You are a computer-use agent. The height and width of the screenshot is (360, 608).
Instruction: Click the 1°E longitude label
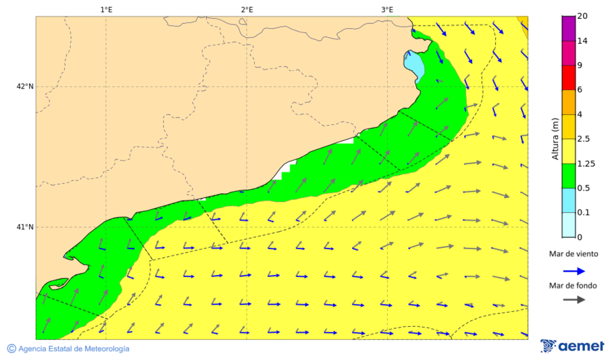tap(106, 9)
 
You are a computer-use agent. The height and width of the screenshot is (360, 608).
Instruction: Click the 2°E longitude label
tap(247, 9)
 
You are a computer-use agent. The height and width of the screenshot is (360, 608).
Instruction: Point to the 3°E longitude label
tap(387, 9)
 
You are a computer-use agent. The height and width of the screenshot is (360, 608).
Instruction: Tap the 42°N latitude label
tap(24, 86)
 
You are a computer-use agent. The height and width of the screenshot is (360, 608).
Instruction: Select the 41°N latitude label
tap(24, 227)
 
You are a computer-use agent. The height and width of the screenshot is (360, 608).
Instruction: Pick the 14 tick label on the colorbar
tap(582, 41)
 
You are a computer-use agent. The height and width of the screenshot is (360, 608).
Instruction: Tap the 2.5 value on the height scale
tap(584, 139)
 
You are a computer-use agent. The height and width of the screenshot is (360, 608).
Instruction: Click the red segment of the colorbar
tap(568, 78)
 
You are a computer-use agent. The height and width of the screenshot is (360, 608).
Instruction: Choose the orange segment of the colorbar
tap(568, 102)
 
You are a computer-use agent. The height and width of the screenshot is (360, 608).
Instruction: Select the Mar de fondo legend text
tap(573, 286)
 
